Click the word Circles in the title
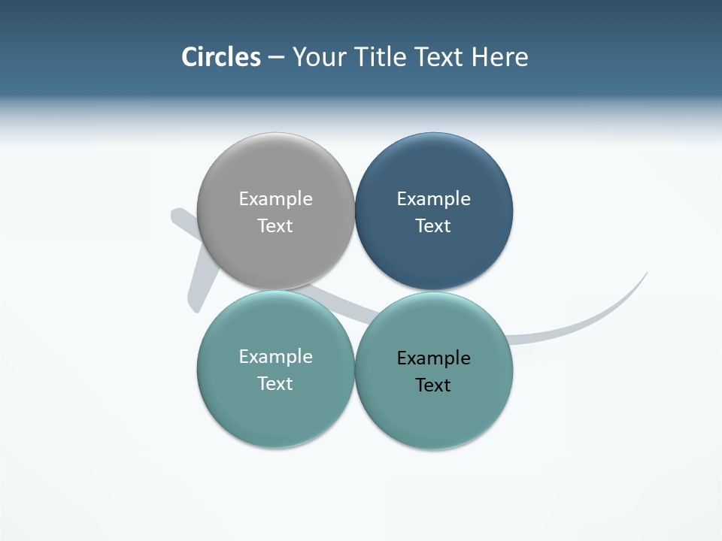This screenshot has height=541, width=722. click(x=221, y=57)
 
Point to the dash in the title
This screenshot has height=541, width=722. click(x=276, y=58)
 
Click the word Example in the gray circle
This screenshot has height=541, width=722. click(x=275, y=198)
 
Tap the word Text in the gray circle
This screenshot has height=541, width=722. click(x=275, y=225)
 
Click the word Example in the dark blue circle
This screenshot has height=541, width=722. click(x=433, y=198)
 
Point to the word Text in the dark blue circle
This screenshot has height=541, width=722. click(x=433, y=225)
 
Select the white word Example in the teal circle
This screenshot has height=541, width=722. click(x=275, y=356)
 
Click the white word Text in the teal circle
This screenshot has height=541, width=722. click(x=275, y=383)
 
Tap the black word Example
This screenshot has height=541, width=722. click(x=433, y=358)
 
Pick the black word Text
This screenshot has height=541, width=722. click(x=433, y=385)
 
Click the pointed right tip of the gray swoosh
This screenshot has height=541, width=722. click(x=645, y=274)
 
